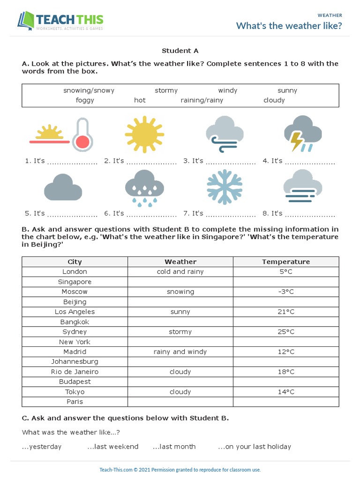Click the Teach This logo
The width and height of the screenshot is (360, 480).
click(x=60, y=21)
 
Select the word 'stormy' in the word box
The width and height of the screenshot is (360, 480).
click(x=166, y=90)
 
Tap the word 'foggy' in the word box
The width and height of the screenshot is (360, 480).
click(x=85, y=100)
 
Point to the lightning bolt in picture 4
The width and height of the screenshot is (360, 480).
click(x=296, y=141)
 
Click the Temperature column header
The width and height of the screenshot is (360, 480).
click(x=285, y=262)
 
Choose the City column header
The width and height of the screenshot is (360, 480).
click(x=75, y=262)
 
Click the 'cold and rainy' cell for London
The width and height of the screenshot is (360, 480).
click(x=180, y=272)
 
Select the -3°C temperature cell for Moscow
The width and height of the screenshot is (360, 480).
click(x=285, y=292)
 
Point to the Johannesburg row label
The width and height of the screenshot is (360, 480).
click(x=75, y=362)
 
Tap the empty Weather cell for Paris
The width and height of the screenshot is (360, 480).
click(x=180, y=402)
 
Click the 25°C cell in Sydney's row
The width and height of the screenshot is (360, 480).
click(x=285, y=332)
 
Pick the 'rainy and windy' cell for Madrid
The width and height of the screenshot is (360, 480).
click(x=180, y=352)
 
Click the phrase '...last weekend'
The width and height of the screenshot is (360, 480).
click(x=112, y=447)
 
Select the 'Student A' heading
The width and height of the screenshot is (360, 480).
click(x=177, y=51)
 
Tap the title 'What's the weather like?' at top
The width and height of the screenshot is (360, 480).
click(x=289, y=26)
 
